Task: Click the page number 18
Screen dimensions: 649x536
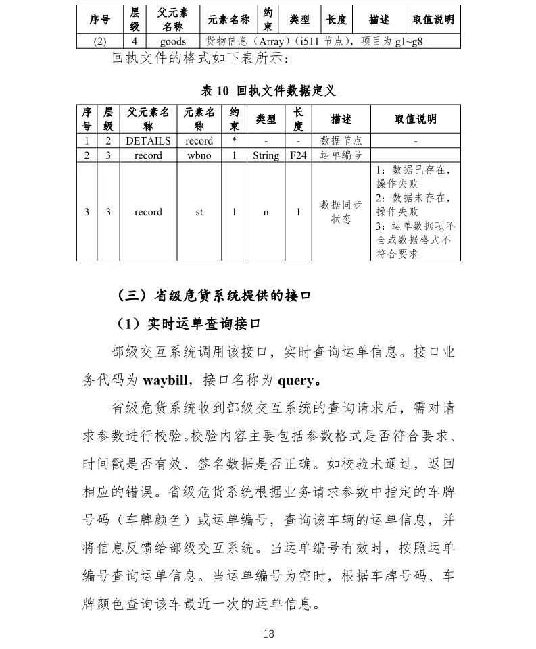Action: pos(268,633)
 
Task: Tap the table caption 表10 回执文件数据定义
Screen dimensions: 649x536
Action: pos(268,90)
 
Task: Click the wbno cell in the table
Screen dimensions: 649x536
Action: pos(199,155)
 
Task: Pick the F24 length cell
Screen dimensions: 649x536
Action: pos(298,155)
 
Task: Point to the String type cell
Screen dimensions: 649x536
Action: pos(266,155)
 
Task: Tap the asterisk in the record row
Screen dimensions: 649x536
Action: pos(234,141)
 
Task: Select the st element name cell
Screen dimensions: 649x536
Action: pos(199,212)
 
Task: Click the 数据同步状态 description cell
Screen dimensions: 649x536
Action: pos(341,212)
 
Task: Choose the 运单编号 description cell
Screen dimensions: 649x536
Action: pos(341,155)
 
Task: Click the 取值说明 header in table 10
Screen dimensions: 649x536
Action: pos(415,120)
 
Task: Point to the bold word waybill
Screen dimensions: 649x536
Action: pos(165,380)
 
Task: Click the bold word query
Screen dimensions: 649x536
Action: pos(295,380)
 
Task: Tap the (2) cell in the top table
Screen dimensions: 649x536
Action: pos(100,41)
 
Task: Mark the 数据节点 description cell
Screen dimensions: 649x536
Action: pos(341,141)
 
